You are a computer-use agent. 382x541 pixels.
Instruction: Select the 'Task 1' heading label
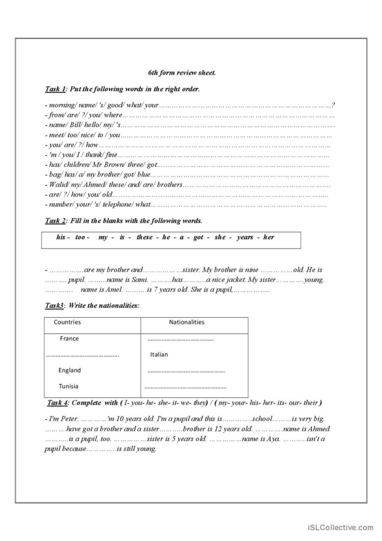point(55,89)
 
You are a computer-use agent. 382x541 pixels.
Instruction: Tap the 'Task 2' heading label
point(55,221)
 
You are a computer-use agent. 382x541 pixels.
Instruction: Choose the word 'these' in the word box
point(144,237)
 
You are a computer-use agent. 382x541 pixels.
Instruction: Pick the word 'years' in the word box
point(245,237)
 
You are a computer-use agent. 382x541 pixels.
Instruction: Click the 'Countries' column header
point(67,322)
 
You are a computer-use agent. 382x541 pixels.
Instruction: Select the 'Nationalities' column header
point(187,322)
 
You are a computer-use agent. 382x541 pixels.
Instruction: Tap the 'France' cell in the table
point(69,338)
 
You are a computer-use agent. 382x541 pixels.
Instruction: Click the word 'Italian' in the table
point(159,354)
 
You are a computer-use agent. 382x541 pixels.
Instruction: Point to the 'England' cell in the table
point(69,370)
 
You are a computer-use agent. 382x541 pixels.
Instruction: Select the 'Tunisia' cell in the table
point(68,386)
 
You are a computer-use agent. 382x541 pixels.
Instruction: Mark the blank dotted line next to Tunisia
point(185,387)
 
